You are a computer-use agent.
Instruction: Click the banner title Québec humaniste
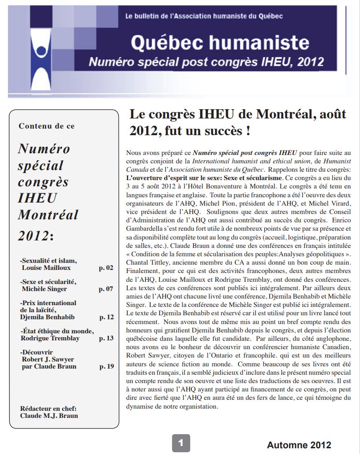[220, 43]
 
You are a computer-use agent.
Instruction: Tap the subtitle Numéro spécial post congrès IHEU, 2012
[206, 62]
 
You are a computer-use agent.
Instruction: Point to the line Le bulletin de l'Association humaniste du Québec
[204, 16]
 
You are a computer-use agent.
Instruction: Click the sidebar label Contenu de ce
[47, 126]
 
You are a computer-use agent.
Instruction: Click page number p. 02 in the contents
[106, 268]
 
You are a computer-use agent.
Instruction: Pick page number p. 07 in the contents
[106, 289]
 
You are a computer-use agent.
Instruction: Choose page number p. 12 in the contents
[106, 317]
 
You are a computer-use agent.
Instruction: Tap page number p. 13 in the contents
[106, 338]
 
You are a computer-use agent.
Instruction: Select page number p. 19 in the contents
[106, 366]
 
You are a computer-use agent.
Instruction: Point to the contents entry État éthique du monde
[57, 331]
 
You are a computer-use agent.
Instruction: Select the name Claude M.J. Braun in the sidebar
[49, 415]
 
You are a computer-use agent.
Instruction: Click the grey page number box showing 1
[181, 443]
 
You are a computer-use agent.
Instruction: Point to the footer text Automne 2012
[299, 445]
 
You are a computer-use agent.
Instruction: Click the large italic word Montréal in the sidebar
[48, 215]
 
